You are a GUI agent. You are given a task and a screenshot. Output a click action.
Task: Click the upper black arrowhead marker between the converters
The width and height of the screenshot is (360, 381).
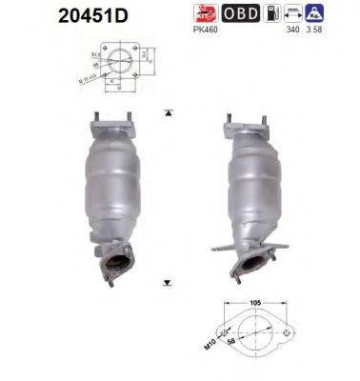click(x=169, y=112)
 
